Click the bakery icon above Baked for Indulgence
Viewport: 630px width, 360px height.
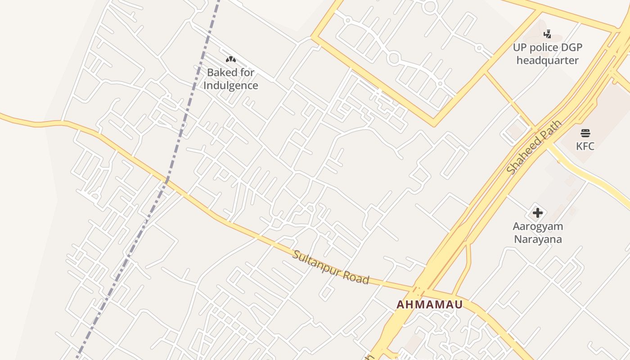231,59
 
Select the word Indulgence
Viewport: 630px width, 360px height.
231,85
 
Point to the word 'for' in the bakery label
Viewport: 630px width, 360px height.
247,72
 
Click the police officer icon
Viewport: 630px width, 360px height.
547,34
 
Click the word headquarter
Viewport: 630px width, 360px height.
547,60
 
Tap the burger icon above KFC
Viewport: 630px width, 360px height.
585,133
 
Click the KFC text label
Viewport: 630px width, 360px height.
585,146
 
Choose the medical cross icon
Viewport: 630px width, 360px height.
537,213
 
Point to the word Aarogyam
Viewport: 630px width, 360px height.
538,226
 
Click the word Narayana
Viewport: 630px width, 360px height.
538,239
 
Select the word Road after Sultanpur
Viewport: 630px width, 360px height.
356,277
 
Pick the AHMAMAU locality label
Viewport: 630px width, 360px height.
429,305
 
